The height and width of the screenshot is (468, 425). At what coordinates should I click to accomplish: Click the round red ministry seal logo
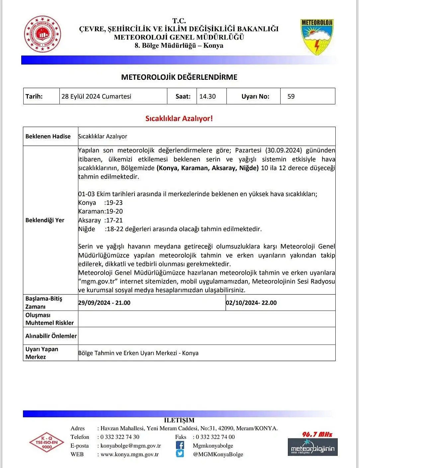coord(42,34)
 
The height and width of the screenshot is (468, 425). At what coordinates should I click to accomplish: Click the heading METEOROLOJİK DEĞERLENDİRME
coord(179,77)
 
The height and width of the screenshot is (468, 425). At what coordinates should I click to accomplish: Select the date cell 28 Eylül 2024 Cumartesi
coord(96,96)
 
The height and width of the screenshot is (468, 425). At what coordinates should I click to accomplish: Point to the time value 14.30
coord(208,96)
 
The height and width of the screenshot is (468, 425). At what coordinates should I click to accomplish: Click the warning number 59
coord(291,96)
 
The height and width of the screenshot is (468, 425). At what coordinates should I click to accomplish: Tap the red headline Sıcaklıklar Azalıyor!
coord(179,118)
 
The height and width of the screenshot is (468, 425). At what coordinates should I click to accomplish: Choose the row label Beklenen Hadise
coord(48,136)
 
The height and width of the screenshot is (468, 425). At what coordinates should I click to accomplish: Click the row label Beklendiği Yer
coord(45,220)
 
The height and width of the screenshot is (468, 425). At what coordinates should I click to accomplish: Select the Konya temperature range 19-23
coord(114,203)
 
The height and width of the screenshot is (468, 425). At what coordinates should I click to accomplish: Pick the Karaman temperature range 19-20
coord(115,211)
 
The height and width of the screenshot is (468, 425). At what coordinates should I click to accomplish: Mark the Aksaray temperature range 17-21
coord(114,220)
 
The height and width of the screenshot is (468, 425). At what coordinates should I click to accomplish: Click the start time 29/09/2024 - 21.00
coord(104,303)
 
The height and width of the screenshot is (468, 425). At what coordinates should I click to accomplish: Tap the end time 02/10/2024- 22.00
coord(251,303)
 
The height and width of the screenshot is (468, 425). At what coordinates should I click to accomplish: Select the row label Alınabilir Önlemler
coord(51,336)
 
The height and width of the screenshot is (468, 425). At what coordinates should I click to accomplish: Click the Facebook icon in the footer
coord(180,445)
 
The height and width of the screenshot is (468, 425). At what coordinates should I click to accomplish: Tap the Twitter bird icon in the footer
coord(180,454)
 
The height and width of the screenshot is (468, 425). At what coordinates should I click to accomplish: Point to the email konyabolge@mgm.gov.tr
coord(130,446)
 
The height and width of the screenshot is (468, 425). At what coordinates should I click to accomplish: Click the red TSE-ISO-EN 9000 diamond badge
coord(47,442)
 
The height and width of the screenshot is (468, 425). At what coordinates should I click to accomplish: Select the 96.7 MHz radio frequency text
coord(317,434)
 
